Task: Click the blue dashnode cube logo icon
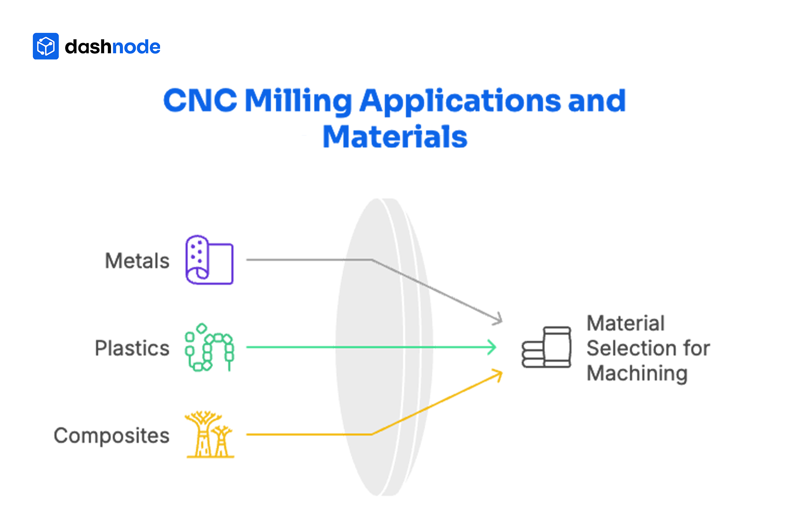(46, 46)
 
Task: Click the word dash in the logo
(88, 47)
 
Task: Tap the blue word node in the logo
(136, 47)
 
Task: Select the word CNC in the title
(200, 100)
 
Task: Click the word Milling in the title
(298, 101)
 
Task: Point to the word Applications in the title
(460, 101)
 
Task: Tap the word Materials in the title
(395, 137)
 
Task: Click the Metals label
(137, 261)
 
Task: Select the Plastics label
(132, 348)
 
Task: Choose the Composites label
(111, 436)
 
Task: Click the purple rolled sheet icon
(209, 260)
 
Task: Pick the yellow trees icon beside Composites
(209, 435)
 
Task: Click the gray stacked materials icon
(546, 347)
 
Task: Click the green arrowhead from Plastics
(492, 347)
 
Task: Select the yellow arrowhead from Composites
(498, 374)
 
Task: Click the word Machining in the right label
(637, 373)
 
